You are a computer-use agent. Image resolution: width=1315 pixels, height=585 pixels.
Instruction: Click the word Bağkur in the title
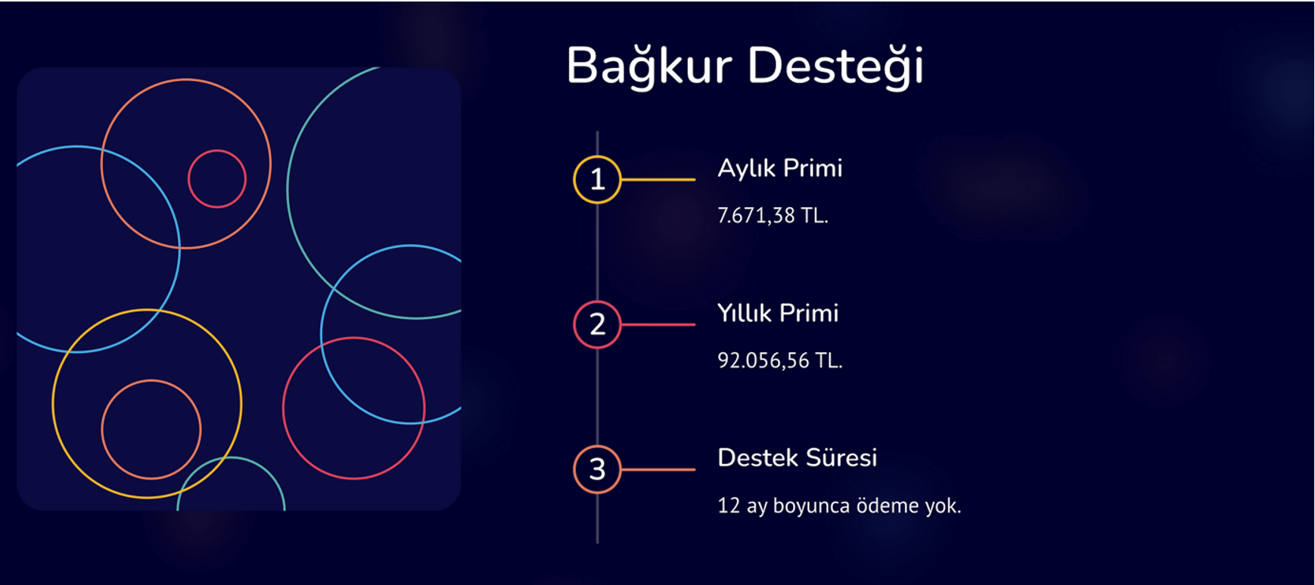[x=648, y=67]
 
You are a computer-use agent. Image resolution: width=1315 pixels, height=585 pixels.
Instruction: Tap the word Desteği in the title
[x=835, y=67]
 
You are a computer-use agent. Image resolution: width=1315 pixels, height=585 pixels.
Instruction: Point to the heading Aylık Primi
[x=780, y=169]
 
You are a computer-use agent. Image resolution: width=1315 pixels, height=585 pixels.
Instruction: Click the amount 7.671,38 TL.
[x=773, y=215]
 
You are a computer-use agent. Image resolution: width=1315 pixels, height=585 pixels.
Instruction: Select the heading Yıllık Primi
[x=778, y=313]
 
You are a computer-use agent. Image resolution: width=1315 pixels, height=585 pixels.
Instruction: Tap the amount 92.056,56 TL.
[x=780, y=361]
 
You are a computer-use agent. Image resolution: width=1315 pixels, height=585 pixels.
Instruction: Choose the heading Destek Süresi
[x=797, y=457]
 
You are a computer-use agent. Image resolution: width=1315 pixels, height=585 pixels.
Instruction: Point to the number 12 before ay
[x=729, y=505]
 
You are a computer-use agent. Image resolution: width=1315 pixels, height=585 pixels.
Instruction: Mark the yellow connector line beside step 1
[x=657, y=179]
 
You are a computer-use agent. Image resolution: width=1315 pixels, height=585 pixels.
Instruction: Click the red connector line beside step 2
[x=657, y=324]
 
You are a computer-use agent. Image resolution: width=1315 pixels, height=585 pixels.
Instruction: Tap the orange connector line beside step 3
[x=657, y=469]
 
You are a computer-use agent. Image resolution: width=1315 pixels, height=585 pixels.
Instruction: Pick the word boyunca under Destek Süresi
[x=811, y=506]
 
